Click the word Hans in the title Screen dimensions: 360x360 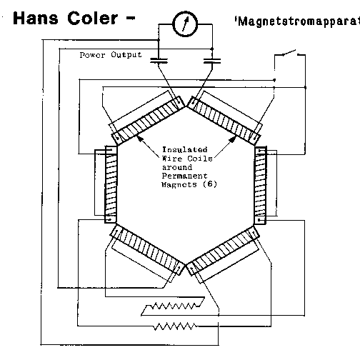(36, 19)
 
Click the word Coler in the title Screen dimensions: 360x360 (93, 19)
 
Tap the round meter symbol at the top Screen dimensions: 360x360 (185, 24)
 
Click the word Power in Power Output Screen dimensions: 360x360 (92, 55)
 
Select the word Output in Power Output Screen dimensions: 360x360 (126, 55)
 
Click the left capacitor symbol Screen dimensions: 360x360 (159, 61)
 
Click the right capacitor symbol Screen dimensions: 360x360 (212, 61)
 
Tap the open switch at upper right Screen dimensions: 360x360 (290, 54)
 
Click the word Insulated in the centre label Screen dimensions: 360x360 (184, 149)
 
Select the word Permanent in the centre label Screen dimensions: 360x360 (184, 176)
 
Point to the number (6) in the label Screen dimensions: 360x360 (209, 184)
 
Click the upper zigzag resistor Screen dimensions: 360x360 (173, 306)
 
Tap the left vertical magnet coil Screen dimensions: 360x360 (111, 184)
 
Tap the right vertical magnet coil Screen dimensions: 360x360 (260, 185)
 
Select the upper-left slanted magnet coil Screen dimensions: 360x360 (148, 120)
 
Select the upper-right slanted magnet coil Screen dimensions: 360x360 (224, 120)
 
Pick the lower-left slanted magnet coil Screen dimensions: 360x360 (148, 250)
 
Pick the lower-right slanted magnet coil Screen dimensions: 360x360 (223, 250)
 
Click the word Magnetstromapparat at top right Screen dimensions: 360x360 (297, 21)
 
